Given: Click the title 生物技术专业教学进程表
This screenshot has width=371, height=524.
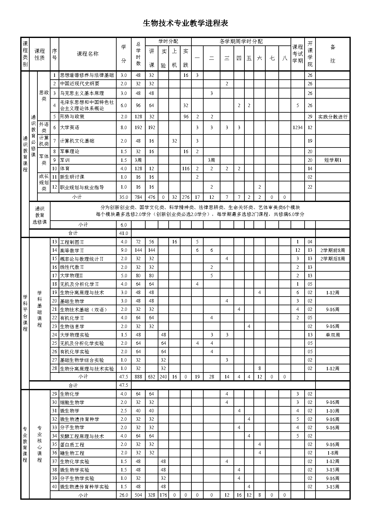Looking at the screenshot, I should [x=185, y=23].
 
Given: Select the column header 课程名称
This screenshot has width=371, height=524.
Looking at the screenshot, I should [x=88, y=54].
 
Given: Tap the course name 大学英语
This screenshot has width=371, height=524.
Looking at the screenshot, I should [x=70, y=128].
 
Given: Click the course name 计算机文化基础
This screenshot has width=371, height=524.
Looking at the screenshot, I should [x=77, y=141].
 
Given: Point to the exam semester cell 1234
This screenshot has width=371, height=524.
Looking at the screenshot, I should [x=297, y=128].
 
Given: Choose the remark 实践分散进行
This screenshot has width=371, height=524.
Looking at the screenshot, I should [x=333, y=117].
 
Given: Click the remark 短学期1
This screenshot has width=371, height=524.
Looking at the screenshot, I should [x=333, y=160].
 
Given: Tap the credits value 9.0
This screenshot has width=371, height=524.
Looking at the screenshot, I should [x=123, y=250].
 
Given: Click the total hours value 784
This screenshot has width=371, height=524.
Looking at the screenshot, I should [x=138, y=197].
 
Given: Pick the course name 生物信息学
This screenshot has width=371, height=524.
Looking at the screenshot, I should [x=72, y=326].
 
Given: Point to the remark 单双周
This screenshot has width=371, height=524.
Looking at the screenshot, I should [x=333, y=335].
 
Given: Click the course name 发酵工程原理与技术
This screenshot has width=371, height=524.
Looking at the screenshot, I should [x=82, y=436].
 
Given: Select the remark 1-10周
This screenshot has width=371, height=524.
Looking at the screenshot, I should [x=333, y=411].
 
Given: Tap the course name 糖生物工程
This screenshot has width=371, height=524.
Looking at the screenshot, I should [x=72, y=453].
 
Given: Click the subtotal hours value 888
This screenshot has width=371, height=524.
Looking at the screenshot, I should [x=138, y=377].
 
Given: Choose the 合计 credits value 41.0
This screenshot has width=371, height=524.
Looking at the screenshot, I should [x=123, y=233].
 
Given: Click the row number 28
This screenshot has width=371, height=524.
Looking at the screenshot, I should [x=55, y=369].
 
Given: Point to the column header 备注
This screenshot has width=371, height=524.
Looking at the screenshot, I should [x=333, y=54].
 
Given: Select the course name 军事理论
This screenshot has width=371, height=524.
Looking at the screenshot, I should [x=70, y=152].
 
